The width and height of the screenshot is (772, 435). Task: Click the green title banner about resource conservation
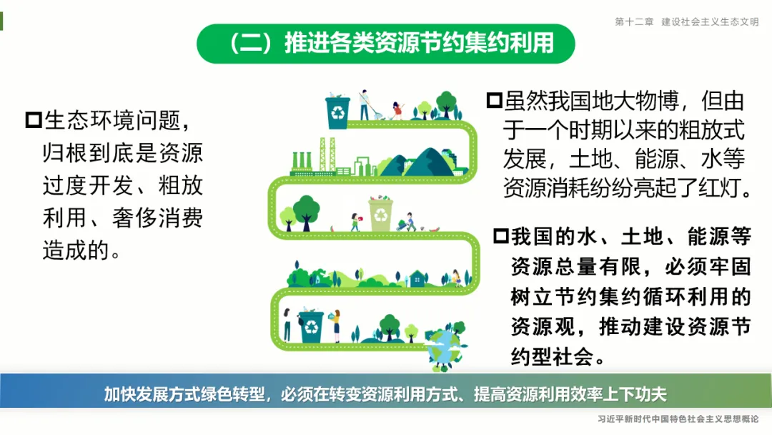point(386,43)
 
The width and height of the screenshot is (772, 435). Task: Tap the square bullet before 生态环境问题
point(34,119)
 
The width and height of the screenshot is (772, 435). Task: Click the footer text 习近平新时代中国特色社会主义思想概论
point(678,419)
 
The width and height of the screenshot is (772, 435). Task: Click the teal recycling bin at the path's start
point(337,112)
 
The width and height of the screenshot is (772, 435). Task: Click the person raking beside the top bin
point(365,105)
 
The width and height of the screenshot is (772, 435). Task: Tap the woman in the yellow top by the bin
point(337,324)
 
